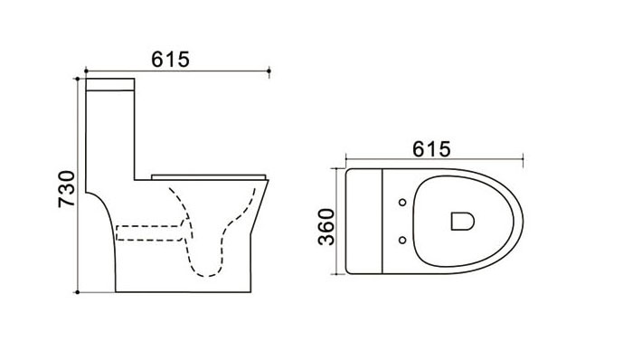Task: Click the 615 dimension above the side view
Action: pos(171,60)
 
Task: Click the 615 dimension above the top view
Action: pos(431,149)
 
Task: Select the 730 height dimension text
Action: pos(67,189)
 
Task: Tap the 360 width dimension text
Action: pos(326,227)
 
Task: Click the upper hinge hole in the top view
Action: pos(402,203)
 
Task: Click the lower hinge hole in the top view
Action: pos(402,240)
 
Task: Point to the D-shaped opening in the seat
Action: pos(462,221)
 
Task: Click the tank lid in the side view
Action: pos(110,85)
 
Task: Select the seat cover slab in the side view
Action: pos(209,176)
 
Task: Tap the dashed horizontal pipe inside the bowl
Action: pos(149,233)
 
